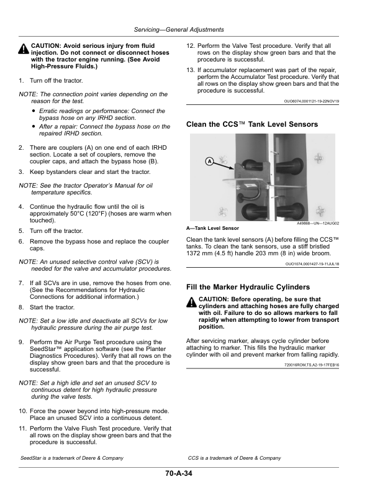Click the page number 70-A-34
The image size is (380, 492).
tap(179, 473)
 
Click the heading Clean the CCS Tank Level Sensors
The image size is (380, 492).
tap(252, 124)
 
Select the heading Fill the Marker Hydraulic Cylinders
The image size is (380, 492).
tap(248, 287)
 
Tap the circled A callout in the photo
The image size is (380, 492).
tap(209, 162)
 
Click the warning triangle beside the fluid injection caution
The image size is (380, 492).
tap(24, 49)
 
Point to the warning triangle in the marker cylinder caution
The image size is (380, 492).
tap(191, 303)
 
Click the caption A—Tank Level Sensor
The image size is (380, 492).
tap(212, 228)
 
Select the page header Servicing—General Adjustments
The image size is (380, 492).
tap(179, 29)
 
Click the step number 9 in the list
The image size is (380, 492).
tap(21, 342)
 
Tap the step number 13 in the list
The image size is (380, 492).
tap(191, 70)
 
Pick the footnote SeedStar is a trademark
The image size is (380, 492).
tap(72, 458)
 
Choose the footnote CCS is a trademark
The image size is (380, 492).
tap(235, 458)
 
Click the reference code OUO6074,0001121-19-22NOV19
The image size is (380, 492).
tap(312, 101)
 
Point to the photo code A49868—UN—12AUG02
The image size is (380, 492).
tap(318, 224)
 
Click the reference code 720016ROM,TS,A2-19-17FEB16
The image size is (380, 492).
tap(312, 365)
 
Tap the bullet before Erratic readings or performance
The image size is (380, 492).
tap(34, 111)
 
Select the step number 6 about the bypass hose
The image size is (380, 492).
tap(21, 241)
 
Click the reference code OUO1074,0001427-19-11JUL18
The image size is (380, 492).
tap(312, 264)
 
